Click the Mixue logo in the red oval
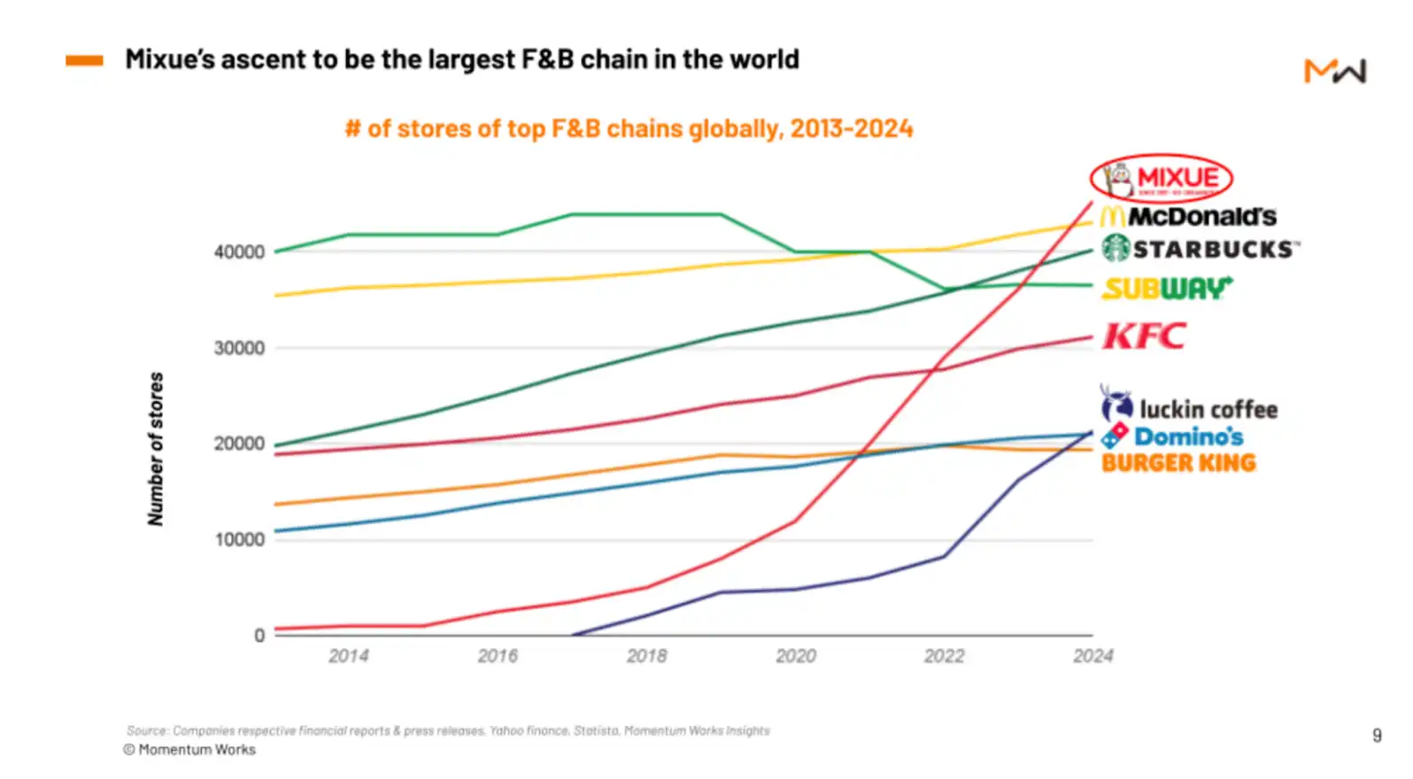1161,179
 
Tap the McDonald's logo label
1188,216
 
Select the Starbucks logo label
1201,249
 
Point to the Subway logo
1167,289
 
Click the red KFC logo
1144,336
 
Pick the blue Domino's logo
1172,436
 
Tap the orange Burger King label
1178,463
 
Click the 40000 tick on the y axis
239,252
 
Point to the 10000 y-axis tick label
239,540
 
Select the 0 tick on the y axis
259,636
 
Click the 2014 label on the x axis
348,657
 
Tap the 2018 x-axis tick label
646,657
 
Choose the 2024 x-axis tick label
1093,657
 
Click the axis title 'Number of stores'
156,449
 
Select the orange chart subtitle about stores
629,129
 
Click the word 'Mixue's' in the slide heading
169,59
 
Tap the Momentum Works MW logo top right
1334,71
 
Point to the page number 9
1377,736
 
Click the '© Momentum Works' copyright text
189,750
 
